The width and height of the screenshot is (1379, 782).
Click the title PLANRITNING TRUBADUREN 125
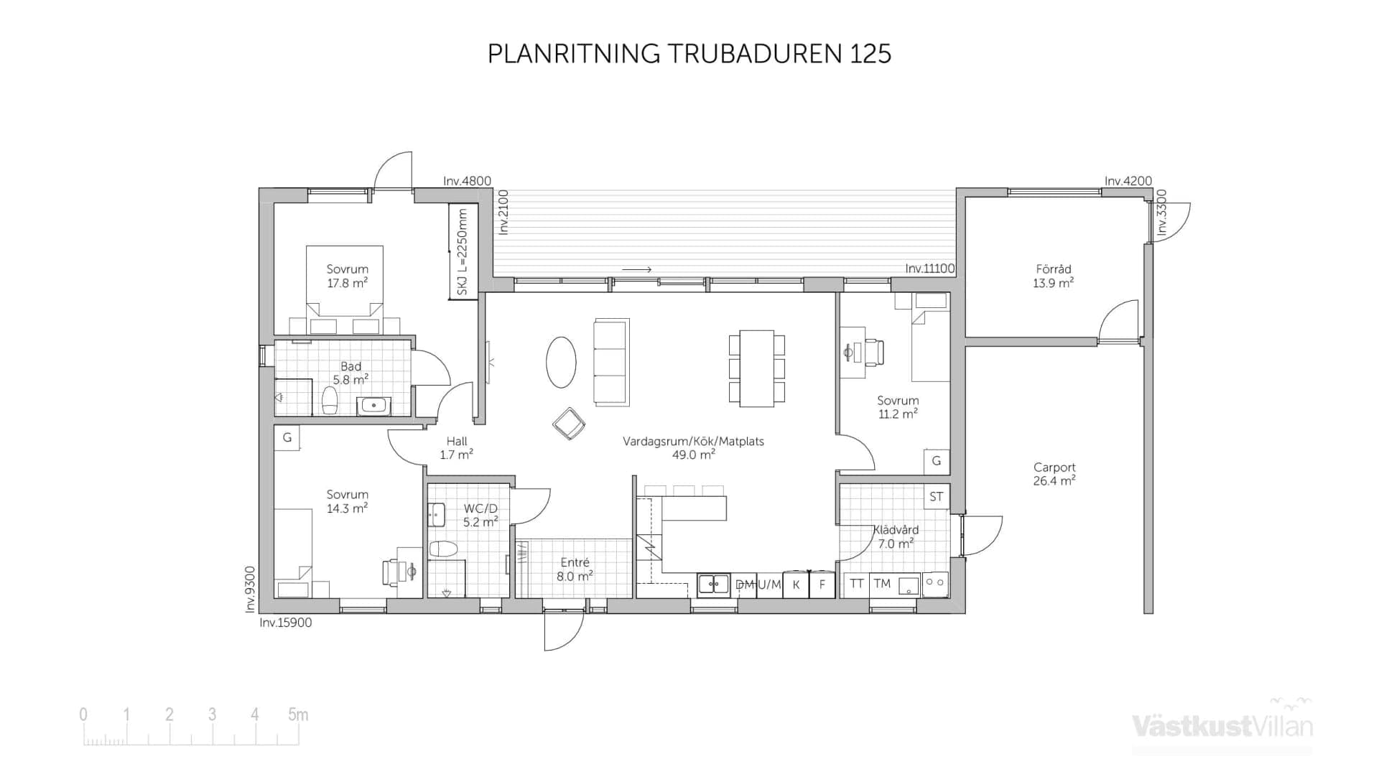[x=689, y=54]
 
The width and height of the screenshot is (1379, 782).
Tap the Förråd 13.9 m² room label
[x=1053, y=276]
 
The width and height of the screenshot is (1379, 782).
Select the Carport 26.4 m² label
[x=1054, y=475]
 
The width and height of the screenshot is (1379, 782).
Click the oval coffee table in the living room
[x=561, y=363]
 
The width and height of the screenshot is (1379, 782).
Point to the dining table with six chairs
[x=756, y=368]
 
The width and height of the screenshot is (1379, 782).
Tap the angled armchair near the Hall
[x=569, y=424]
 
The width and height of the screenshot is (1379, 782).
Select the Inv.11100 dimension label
[x=929, y=269]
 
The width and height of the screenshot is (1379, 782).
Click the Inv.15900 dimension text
[x=285, y=623]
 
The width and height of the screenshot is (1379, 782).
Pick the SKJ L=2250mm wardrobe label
[x=463, y=251]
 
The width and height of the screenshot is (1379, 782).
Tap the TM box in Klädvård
[x=882, y=584]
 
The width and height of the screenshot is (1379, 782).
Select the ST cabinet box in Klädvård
[x=936, y=497]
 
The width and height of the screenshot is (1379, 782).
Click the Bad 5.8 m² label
[x=350, y=373]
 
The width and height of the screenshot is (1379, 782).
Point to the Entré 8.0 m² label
[x=575, y=569]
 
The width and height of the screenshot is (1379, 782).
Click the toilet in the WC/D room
[x=443, y=549]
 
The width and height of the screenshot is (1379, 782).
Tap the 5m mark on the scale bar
[x=297, y=715]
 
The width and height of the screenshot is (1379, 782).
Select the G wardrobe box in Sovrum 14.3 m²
[x=287, y=437]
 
